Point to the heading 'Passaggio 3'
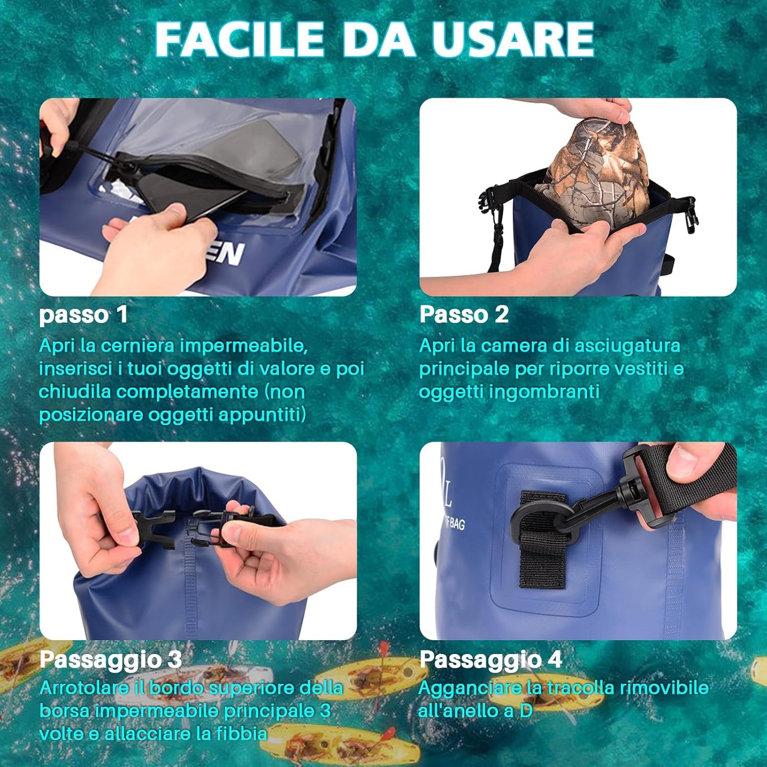[x=110, y=660]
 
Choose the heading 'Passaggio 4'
[x=491, y=659]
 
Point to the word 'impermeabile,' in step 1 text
[x=244, y=347]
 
